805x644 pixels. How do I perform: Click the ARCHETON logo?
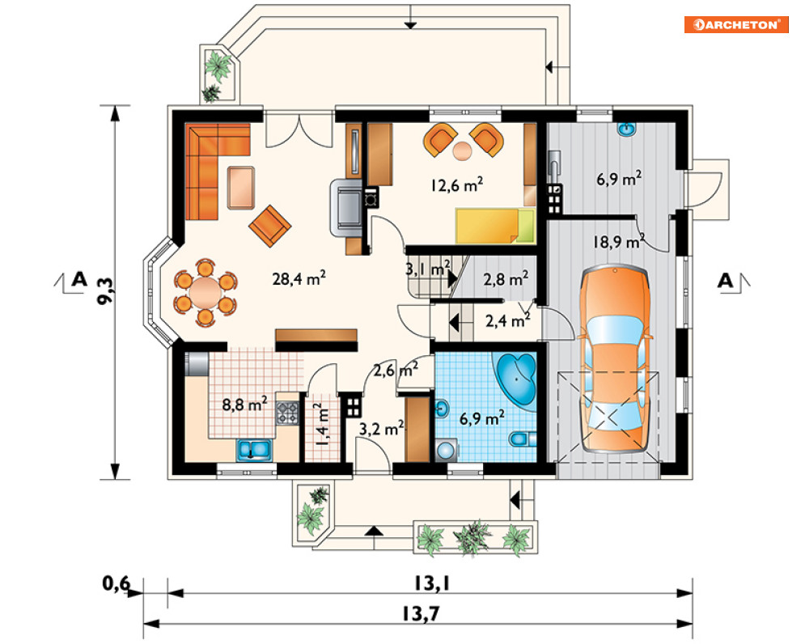[735, 24]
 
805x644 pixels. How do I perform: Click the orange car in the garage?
[615, 359]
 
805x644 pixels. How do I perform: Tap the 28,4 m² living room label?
[299, 278]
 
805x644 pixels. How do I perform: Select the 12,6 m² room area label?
[456, 184]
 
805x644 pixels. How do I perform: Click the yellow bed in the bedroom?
[495, 226]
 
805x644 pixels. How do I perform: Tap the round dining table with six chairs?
[205, 291]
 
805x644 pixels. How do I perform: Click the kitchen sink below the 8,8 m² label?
[254, 449]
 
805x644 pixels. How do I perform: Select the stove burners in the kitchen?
[287, 413]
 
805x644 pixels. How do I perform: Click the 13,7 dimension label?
[421, 613]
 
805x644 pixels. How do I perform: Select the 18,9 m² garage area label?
[619, 241]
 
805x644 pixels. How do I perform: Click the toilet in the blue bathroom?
[523, 439]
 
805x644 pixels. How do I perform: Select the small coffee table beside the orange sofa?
[241, 188]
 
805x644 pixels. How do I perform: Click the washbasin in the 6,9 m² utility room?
[626, 129]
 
